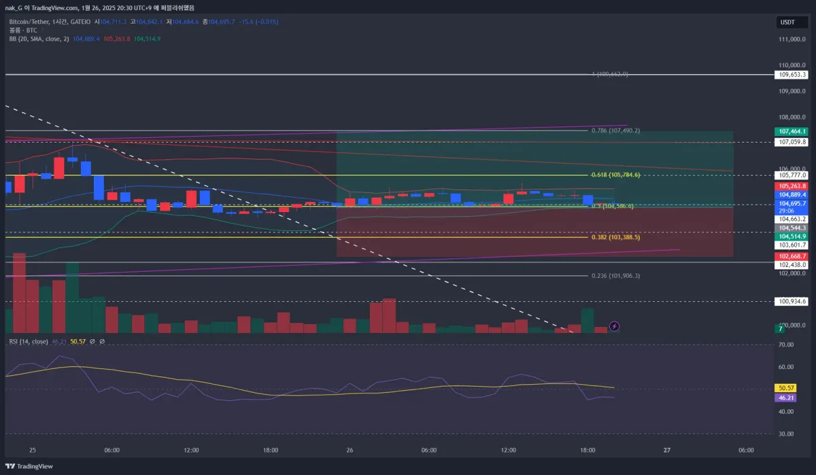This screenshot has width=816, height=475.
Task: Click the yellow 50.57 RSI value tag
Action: [785, 387]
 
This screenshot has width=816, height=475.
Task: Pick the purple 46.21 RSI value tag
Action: [785, 398]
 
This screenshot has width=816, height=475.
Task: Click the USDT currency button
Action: [787, 22]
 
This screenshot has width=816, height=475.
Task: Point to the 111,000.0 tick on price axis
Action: [792, 39]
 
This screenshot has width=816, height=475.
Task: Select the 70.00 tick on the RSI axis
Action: [786, 345]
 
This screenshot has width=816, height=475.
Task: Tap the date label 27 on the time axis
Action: [667, 450]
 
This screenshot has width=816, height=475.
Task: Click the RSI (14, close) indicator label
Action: [29, 341]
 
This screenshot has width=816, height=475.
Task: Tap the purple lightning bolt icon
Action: [615, 326]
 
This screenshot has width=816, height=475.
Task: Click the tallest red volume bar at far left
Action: [19, 293]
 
